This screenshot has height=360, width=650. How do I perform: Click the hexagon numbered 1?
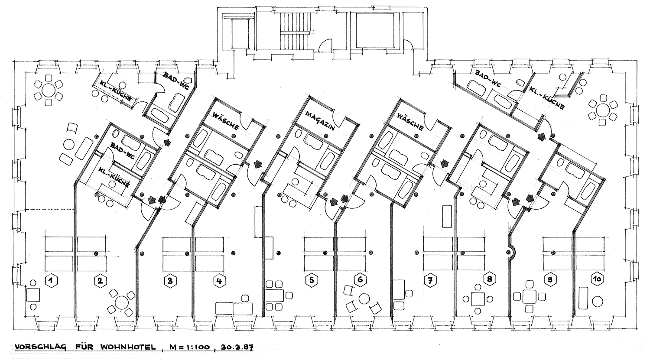pos(52,281)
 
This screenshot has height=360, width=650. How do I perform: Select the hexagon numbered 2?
pos(101,281)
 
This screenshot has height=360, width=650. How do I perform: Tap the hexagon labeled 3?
pos(170,281)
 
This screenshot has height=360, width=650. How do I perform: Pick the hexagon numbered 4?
pos(219,281)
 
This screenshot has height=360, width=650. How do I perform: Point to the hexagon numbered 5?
pos(312,280)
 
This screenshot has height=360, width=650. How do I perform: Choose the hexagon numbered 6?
pos(360,280)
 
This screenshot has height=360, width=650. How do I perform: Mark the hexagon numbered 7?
pos(430,280)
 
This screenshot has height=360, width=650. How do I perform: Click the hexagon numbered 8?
pos(490,279)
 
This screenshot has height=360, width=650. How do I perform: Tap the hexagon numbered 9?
pos(549,280)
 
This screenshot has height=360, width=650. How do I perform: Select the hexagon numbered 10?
pos(597,279)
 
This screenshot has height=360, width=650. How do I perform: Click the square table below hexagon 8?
pos(478,299)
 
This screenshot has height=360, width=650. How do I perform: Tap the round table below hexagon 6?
pos(364,299)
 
